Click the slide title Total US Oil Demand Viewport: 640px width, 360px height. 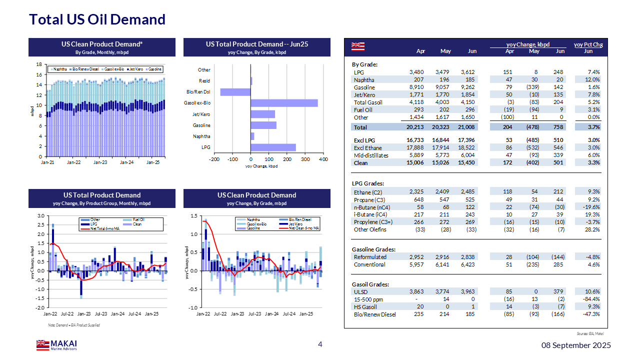point(97,19)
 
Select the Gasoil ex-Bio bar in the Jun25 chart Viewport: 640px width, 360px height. point(284,103)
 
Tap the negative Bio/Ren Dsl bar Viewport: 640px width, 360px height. point(235,92)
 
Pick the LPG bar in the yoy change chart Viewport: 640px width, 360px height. point(273,147)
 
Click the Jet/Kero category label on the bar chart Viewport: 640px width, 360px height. point(201,114)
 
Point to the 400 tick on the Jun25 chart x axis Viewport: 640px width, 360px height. point(323,159)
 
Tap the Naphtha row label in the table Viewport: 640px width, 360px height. point(364,80)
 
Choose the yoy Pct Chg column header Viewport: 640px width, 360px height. point(588,44)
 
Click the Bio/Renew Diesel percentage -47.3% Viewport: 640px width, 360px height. point(590,314)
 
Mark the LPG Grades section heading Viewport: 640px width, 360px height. point(368,184)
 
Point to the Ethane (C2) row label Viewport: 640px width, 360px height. point(369,192)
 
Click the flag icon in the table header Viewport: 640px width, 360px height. point(357,46)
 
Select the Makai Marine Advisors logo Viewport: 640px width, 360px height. point(56,345)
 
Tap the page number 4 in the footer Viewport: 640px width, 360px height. point(320,344)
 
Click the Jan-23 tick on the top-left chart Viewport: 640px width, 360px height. point(100,162)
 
